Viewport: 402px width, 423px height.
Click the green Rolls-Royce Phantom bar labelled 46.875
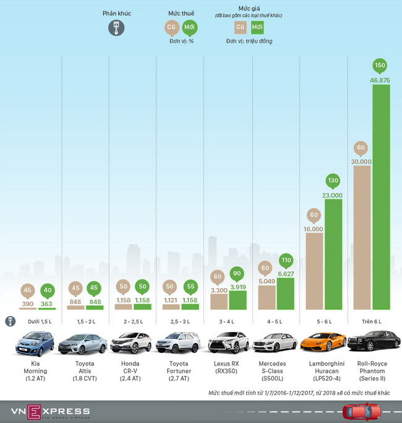coord(381,198)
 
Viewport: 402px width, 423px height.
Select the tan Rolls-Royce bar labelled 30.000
coord(362,235)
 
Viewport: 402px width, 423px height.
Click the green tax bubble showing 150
coord(381,66)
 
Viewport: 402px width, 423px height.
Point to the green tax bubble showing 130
coord(333,181)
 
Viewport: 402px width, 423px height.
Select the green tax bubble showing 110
coord(286,261)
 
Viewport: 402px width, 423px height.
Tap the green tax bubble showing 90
coord(238,274)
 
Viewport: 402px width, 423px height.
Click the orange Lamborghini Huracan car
coord(323,342)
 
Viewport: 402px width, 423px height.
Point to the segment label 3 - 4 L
coord(228,322)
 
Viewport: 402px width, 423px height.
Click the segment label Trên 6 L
coord(371,322)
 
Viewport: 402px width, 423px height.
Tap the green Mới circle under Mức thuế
coord(189,27)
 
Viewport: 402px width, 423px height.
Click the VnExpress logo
coord(49,411)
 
